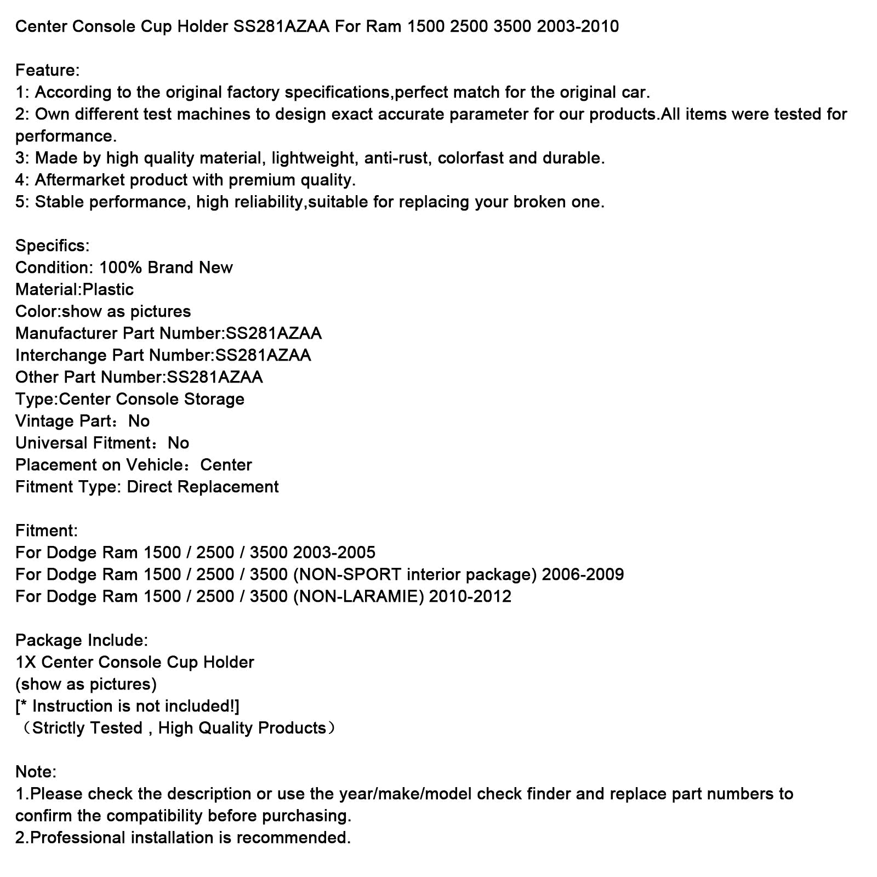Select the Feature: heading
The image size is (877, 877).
click(x=48, y=70)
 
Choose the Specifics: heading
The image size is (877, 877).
click(x=52, y=246)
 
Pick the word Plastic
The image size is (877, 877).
click(x=108, y=289)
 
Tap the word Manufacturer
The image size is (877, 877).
click(x=66, y=333)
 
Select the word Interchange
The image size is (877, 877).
click(x=61, y=355)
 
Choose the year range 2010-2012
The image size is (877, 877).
click(x=470, y=596)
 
